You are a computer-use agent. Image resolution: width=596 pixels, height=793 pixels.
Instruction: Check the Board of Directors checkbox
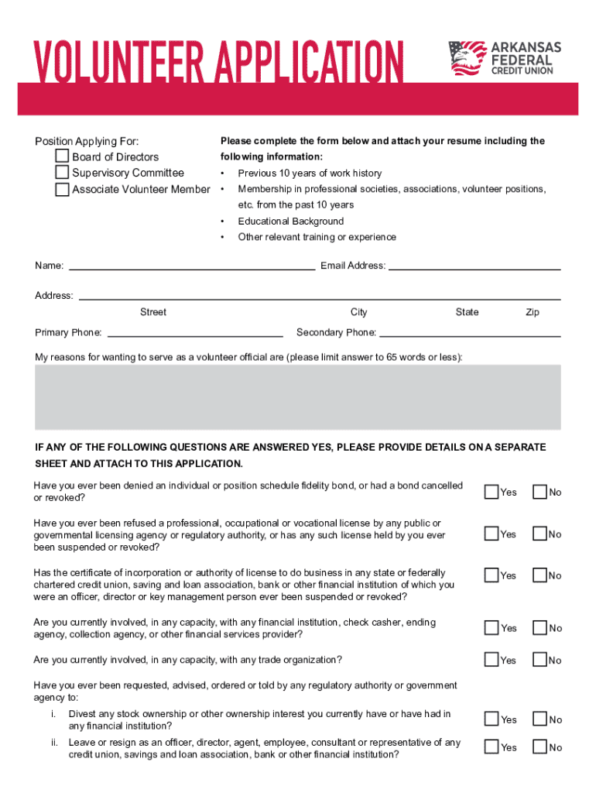[x=62, y=156]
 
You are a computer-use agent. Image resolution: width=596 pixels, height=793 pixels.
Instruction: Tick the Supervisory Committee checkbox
[x=62, y=173]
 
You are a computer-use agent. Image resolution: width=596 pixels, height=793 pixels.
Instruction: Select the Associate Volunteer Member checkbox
[x=62, y=189]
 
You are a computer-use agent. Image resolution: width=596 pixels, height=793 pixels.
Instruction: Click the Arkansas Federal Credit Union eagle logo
[x=466, y=58]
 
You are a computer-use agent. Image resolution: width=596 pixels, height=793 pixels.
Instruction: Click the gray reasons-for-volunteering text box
[x=298, y=396]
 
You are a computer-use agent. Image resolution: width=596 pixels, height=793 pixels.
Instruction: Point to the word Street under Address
[x=153, y=312]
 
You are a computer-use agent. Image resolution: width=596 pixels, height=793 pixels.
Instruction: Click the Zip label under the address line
[x=533, y=312]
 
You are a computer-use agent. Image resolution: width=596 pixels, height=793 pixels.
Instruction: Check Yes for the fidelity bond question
[x=492, y=492]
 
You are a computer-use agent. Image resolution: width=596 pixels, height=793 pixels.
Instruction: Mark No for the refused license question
[x=539, y=534]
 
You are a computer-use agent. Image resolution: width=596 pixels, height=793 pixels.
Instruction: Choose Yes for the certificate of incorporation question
[x=492, y=575]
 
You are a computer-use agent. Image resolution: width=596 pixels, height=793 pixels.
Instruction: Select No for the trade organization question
[x=539, y=660]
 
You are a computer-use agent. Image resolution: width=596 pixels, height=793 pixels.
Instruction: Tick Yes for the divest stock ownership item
[x=492, y=719]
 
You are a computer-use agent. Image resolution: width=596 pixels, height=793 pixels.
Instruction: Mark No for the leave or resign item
[x=539, y=747]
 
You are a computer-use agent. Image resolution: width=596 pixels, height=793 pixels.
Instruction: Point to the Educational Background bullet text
[x=290, y=221]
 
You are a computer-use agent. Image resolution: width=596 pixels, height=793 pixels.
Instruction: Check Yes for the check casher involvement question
[x=492, y=628]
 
